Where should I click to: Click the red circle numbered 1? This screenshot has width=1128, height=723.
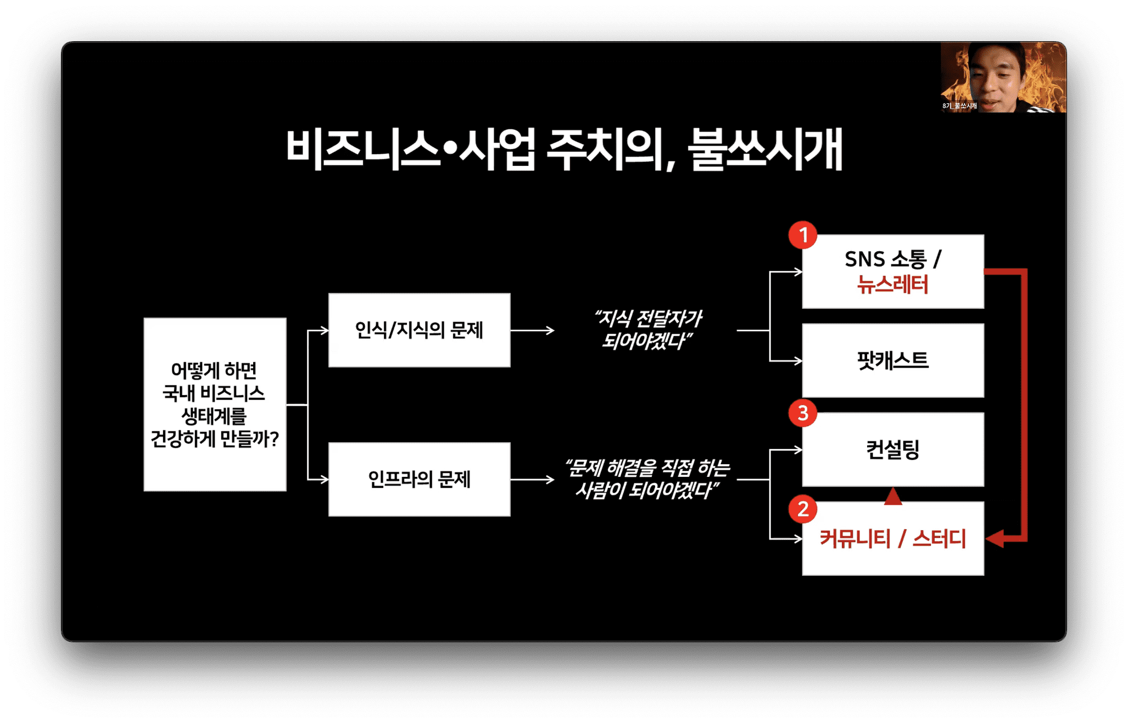click(803, 235)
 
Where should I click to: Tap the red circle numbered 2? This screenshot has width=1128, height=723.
click(803, 509)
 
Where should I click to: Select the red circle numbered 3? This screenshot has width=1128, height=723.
click(803, 413)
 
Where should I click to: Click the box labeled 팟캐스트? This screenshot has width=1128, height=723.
click(893, 360)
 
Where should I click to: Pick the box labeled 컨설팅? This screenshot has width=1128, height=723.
click(893, 449)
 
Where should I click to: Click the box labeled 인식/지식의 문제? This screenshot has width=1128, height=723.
click(419, 330)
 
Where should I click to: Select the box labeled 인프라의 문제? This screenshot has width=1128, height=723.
click(419, 479)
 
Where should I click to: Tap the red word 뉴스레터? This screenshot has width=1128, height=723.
click(893, 285)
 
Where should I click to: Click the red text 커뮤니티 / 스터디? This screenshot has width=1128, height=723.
click(893, 539)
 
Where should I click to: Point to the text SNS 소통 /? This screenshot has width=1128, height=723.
click(893, 259)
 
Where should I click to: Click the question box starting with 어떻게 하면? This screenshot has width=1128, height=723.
click(215, 404)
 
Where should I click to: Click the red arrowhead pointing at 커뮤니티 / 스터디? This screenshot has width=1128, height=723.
click(995, 539)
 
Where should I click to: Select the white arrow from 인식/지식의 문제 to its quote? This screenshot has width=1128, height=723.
click(532, 330)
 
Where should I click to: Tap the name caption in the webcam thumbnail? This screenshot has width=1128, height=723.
click(959, 105)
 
